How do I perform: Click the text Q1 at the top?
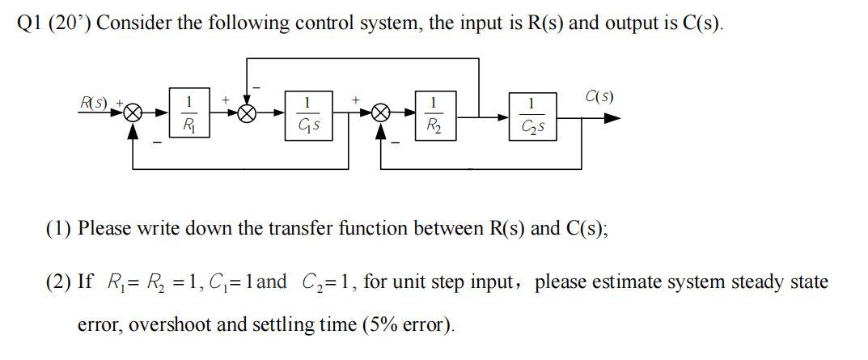(x=29, y=23)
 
